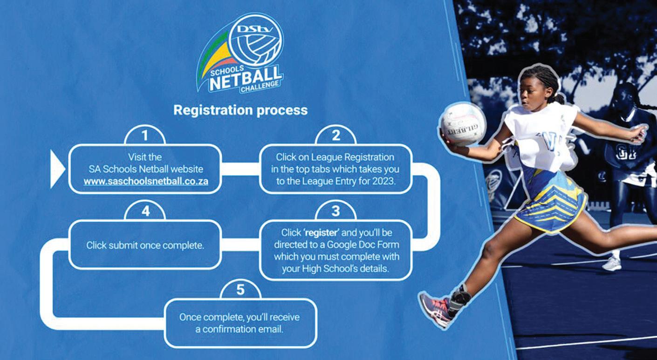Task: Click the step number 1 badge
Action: [x=145, y=136]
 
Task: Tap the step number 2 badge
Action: [x=335, y=136]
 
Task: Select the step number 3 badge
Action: [x=335, y=211]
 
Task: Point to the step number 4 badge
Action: [x=145, y=211]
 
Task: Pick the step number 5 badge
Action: [x=240, y=290]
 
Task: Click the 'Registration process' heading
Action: [x=240, y=110]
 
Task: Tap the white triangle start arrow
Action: [x=57, y=168]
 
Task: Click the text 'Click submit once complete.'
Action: [x=145, y=245]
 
